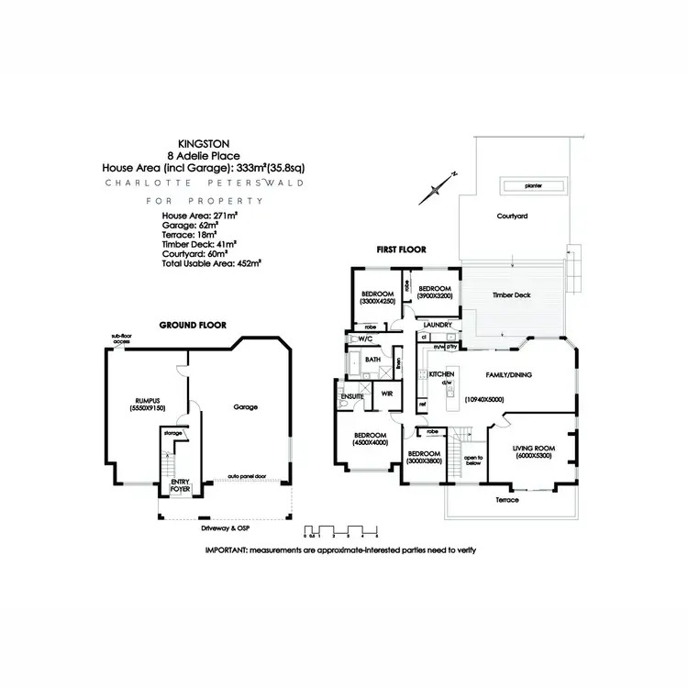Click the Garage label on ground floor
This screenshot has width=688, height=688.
coord(245,406)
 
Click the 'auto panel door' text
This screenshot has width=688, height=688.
coord(248,477)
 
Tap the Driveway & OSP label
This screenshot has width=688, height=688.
coord(224,529)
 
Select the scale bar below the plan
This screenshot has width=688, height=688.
coord(341,531)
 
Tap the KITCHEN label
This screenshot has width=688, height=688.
coord(442,375)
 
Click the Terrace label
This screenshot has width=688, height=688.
coord(506,500)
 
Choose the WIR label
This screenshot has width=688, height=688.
coord(388,394)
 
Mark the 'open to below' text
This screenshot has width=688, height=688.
coord(473,461)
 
